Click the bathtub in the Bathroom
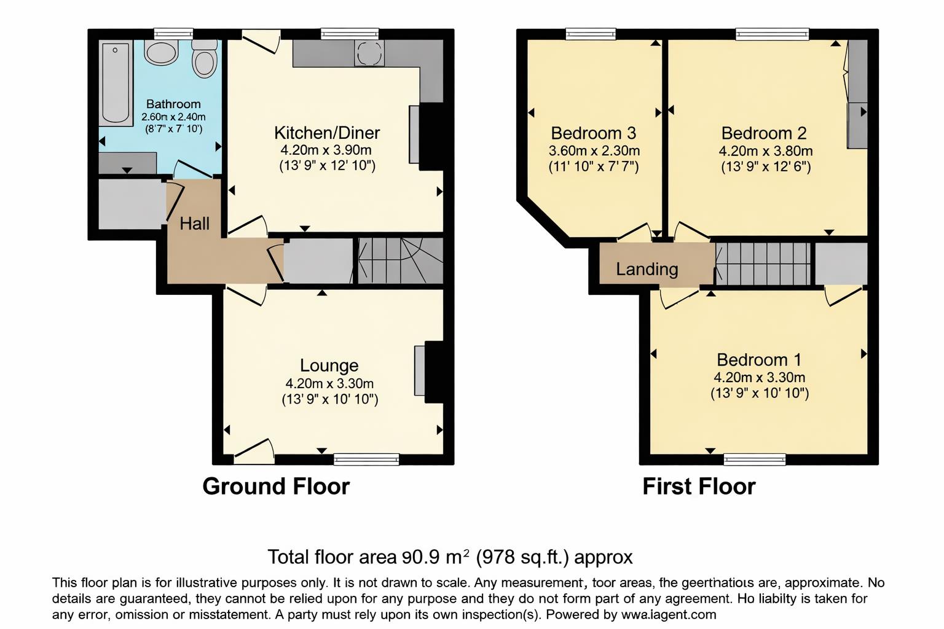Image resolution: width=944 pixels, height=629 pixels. [116, 83]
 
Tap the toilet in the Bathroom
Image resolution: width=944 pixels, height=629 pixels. [204, 60]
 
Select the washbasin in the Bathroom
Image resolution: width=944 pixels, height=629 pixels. [162, 53]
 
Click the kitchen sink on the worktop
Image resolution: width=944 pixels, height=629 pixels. [369, 53]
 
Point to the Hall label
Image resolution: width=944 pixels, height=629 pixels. [194, 224]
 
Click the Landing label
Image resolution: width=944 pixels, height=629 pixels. [647, 269]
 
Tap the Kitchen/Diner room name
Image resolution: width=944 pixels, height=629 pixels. [326, 133]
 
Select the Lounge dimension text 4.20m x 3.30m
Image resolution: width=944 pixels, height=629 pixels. [329, 383]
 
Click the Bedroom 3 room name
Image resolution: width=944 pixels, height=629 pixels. [593, 133]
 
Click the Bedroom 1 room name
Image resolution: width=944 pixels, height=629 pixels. [759, 359]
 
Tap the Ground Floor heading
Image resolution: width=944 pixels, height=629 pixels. [275, 486]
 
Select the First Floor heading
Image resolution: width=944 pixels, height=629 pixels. [699, 486]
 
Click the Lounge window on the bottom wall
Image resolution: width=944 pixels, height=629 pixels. [366, 459]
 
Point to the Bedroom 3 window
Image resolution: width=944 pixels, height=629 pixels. [590, 34]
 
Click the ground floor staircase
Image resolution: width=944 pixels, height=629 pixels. [400, 260]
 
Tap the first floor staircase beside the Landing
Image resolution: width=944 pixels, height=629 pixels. [763, 264]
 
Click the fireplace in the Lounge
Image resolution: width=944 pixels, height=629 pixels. [420, 371]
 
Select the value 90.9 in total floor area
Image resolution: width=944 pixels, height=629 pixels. [420, 557]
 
